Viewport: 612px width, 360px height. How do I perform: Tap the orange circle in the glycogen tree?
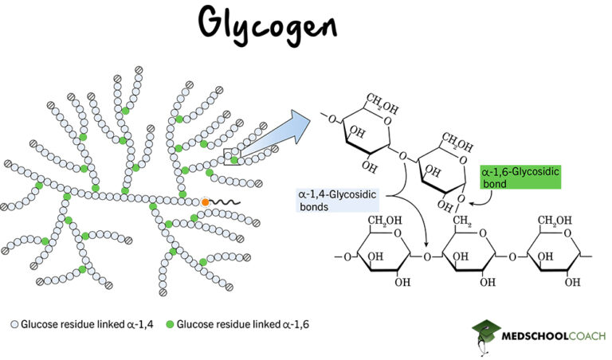[x=206, y=202]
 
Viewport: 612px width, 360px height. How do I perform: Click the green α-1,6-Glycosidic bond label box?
[x=515, y=177]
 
